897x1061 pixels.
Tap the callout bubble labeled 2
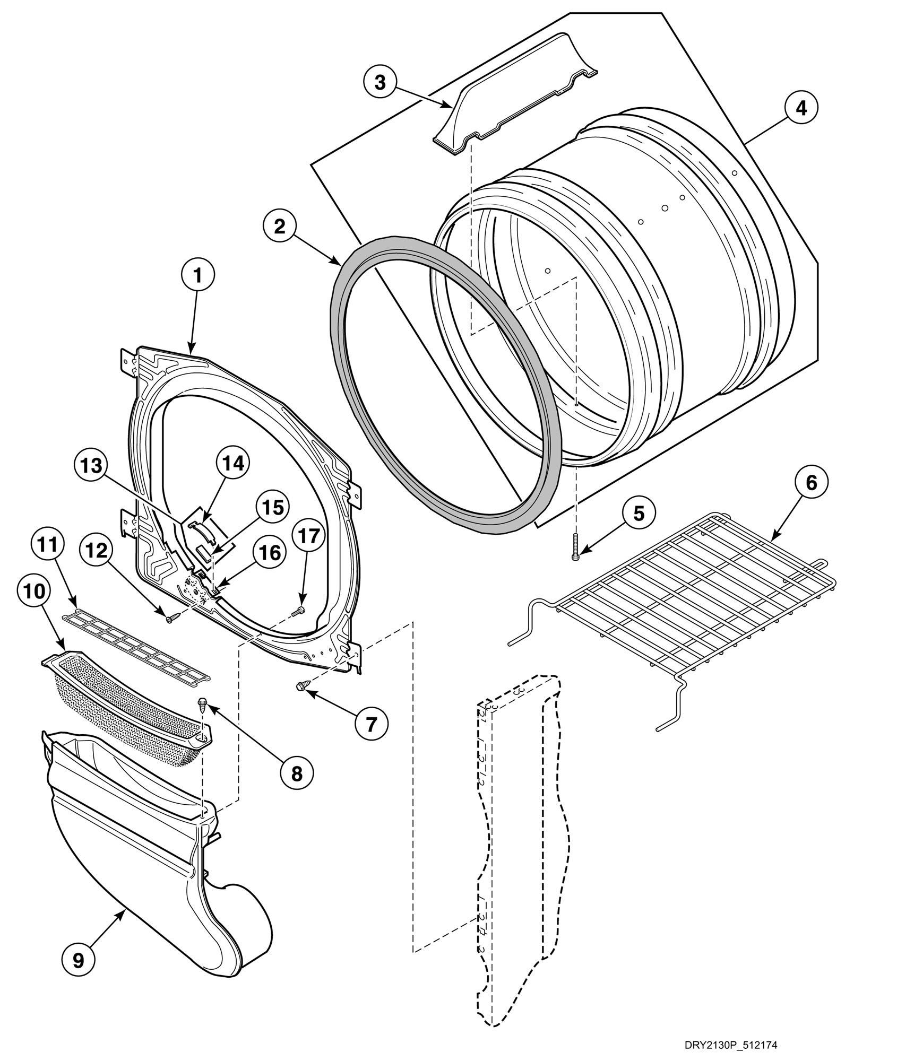pos(279,227)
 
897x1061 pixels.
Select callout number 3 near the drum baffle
pos(380,83)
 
